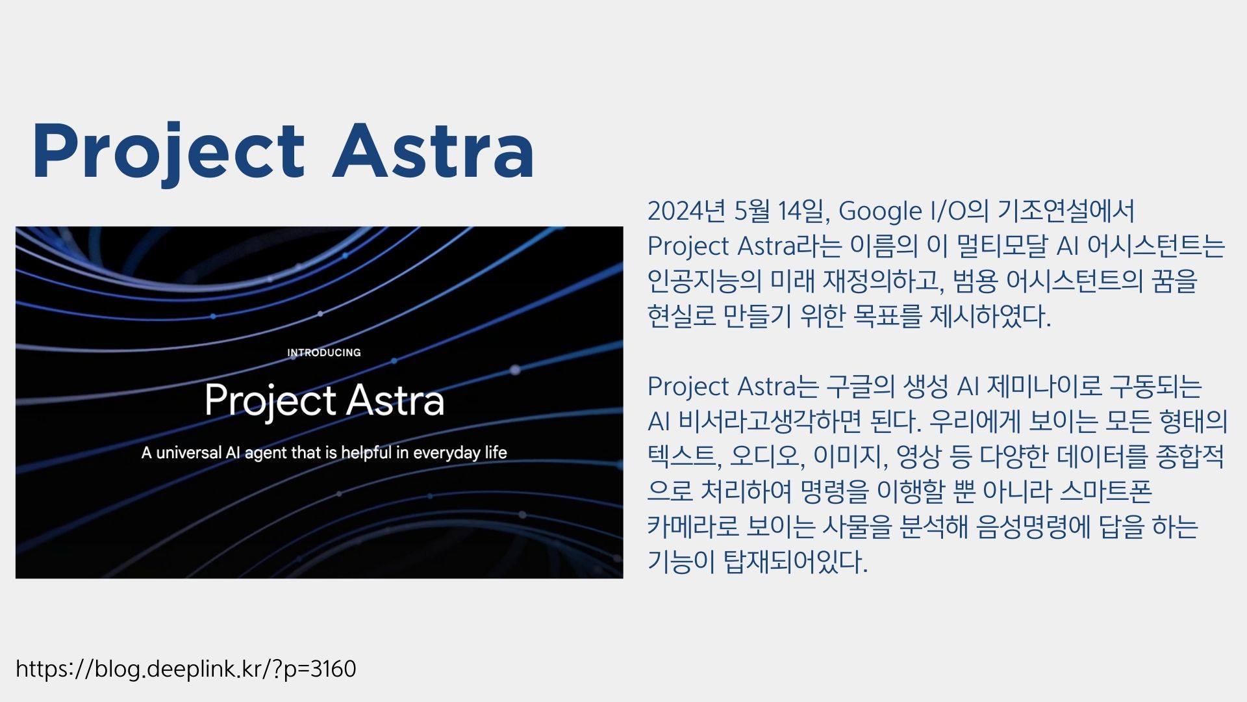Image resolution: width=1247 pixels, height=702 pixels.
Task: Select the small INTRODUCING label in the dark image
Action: (324, 352)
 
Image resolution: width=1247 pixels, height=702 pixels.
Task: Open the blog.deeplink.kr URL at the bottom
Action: (186, 669)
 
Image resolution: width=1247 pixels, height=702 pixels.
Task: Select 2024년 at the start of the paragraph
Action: (686, 211)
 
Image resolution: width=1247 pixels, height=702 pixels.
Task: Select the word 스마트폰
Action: (1106, 491)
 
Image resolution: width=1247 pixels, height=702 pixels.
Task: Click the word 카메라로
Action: (693, 526)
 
